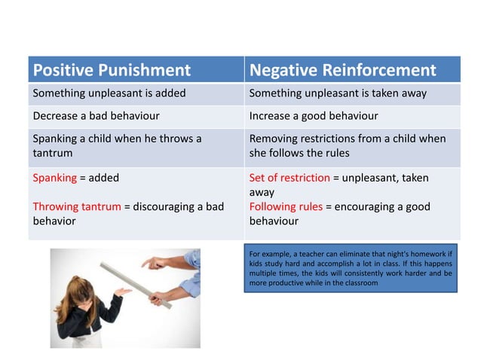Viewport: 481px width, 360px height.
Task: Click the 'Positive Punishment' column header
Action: click(x=111, y=70)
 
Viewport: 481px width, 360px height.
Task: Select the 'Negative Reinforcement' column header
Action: click(x=342, y=70)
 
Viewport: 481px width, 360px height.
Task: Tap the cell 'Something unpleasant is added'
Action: click(x=109, y=94)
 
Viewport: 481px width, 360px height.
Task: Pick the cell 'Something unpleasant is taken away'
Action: click(x=338, y=94)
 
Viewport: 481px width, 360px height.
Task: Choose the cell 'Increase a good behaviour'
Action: click(x=313, y=116)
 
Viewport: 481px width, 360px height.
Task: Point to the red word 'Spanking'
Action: click(x=54, y=178)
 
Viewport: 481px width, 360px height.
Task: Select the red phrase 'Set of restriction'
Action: click(x=290, y=178)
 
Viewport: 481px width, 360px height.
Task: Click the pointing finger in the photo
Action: click(x=146, y=263)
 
